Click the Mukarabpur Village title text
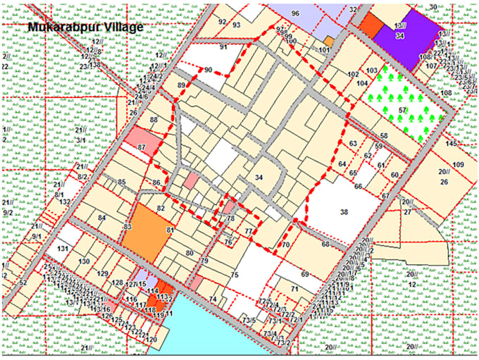[85, 27]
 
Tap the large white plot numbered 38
[344, 211]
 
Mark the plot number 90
[209, 70]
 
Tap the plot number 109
[459, 165]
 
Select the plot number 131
[63, 249]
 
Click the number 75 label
[235, 275]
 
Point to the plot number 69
[305, 273]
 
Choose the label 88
[154, 120]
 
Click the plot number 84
[101, 218]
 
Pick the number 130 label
[84, 262]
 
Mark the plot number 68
[325, 244]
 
